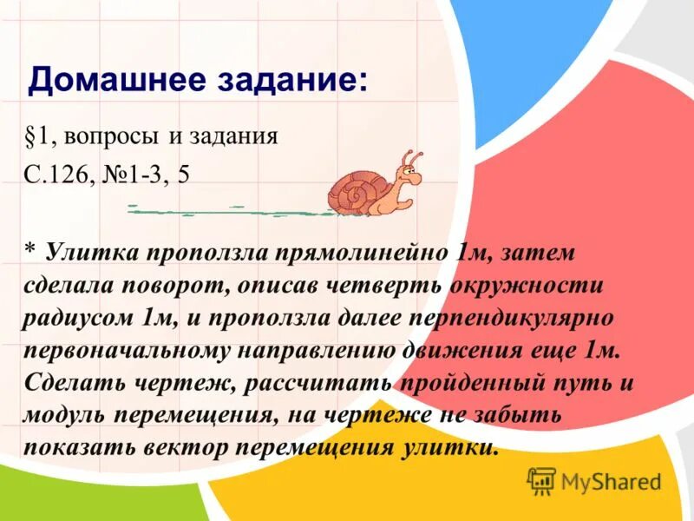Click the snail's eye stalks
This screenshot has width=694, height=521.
(410, 161)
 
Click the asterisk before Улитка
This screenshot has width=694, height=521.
(29, 250)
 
